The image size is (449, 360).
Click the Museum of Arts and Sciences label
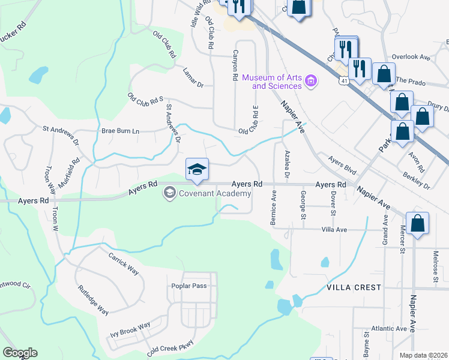click(272, 82)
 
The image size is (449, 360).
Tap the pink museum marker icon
click(310, 80)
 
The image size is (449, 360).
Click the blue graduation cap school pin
click(197, 169)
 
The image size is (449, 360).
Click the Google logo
click(20, 353)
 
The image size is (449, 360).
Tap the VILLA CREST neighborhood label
click(354, 287)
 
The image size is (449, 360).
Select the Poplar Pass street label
click(189, 286)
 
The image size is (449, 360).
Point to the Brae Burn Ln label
click(120, 131)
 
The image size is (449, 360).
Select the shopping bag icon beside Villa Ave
click(417, 223)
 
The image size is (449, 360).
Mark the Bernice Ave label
click(274, 208)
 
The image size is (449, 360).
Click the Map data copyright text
click(424, 355)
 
